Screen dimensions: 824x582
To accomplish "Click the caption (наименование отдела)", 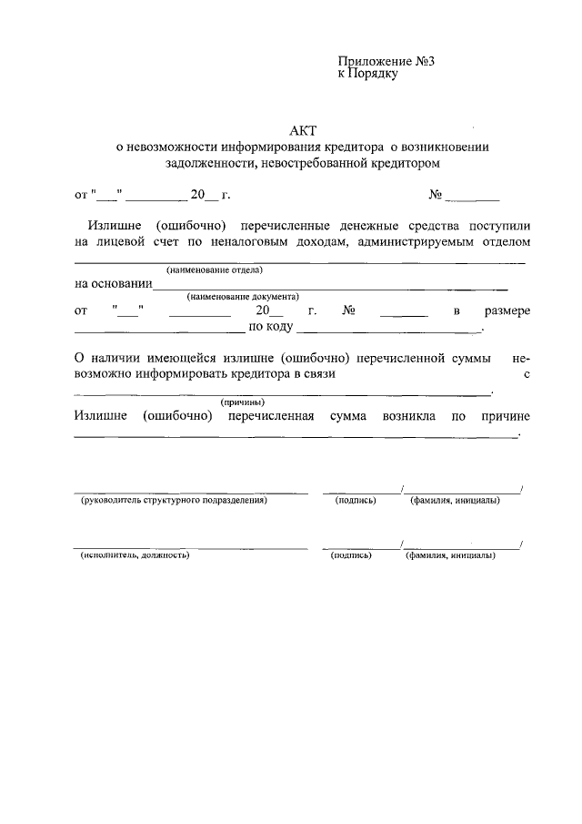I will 214,270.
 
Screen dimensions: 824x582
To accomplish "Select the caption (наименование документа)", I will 243,297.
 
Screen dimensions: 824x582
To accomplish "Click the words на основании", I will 114,283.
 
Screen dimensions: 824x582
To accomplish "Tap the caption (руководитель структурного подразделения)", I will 174,501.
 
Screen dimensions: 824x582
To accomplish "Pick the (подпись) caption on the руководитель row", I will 355,501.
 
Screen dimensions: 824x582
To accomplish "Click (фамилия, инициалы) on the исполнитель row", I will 450,554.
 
